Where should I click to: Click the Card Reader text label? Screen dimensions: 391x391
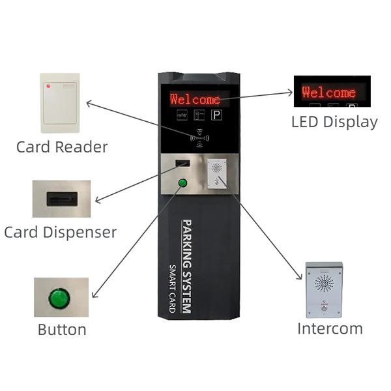coord(62,146)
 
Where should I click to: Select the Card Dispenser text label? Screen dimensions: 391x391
coord(60,232)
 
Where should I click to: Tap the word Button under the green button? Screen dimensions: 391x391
coord(62,329)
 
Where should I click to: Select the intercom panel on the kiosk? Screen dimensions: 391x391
coord(216,174)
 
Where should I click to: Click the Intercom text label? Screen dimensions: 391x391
coord(330,328)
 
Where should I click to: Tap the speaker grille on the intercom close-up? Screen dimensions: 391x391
coord(324,283)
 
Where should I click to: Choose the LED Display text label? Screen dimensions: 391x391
coord(334,121)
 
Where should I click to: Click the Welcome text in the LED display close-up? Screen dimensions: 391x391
coord(329,92)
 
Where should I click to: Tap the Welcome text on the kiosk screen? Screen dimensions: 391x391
coord(195,99)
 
